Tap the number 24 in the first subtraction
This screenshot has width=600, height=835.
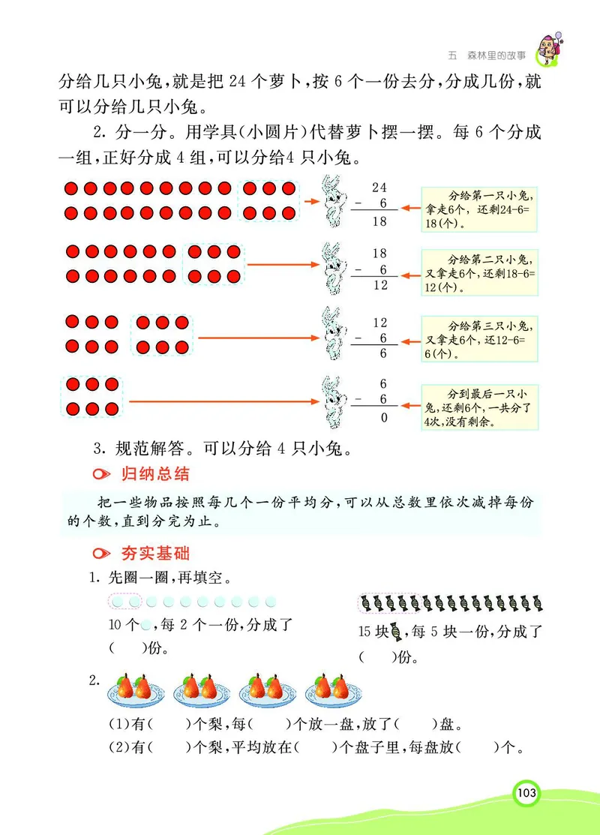(x=379, y=187)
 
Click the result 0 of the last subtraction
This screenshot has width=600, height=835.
(x=384, y=417)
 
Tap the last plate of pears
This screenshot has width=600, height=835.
(x=331, y=689)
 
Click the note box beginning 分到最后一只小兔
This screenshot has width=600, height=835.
(x=480, y=408)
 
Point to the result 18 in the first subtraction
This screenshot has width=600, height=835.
(x=379, y=222)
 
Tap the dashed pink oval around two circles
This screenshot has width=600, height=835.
(x=125, y=602)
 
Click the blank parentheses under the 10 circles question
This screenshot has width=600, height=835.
(x=125, y=647)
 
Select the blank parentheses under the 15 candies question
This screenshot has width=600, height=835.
(x=376, y=657)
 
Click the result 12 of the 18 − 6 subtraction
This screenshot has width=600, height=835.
(x=379, y=285)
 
